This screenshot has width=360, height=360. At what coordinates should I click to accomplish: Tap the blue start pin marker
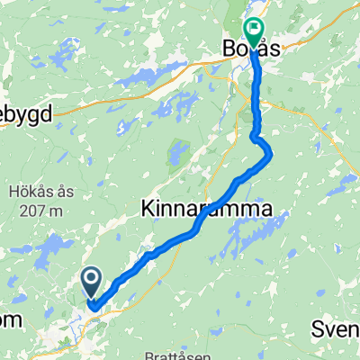coord(92,282)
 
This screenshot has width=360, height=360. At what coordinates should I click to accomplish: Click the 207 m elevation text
coord(36,211)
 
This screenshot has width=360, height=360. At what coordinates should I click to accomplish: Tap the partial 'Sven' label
coord(336,330)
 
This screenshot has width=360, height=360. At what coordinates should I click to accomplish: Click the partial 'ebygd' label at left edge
coord(26,113)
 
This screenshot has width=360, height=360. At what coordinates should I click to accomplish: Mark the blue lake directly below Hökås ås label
coord(54,246)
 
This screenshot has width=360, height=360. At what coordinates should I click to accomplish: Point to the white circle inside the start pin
coord(92,278)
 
